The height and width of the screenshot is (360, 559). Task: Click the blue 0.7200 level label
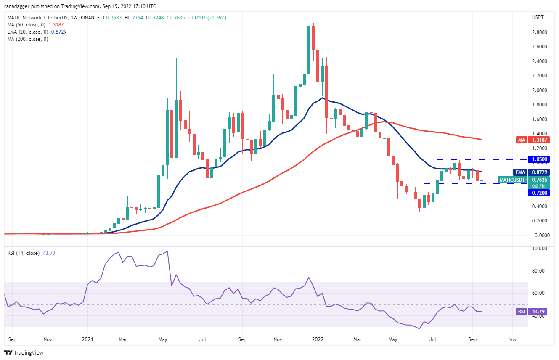click(540, 192)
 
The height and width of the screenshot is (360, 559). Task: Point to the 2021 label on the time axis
click(87, 339)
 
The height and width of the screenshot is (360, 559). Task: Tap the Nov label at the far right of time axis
click(512, 339)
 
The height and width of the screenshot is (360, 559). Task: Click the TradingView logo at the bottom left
click(24, 352)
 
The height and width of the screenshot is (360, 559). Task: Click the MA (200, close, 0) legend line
click(28, 39)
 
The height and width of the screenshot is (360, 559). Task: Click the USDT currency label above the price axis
click(538, 17)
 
